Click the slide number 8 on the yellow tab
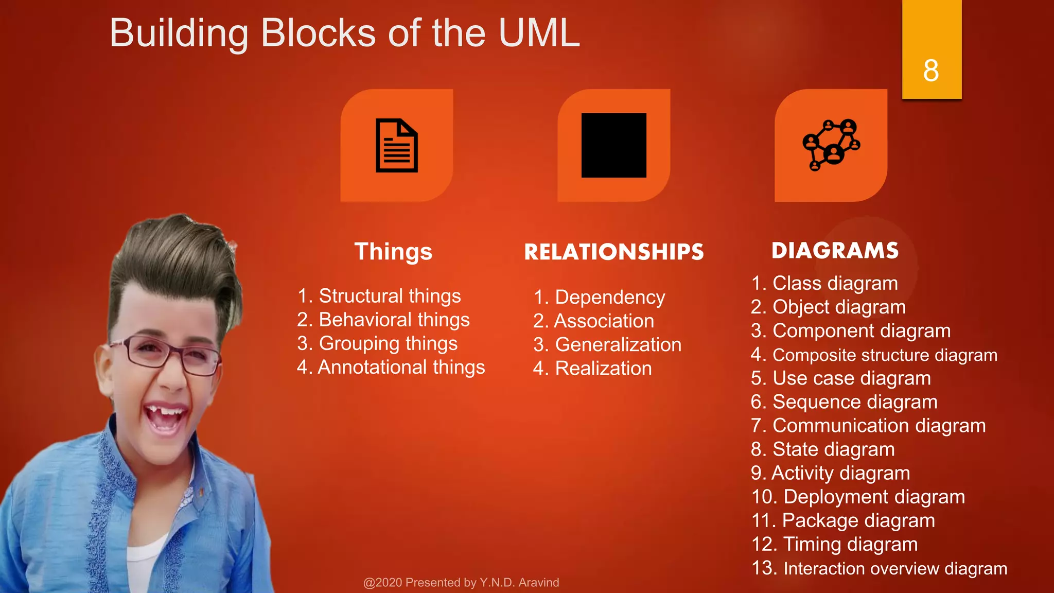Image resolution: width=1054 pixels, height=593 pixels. coord(931,71)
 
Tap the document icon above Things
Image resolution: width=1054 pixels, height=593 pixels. coord(396,146)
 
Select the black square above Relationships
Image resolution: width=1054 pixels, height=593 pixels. coord(613,145)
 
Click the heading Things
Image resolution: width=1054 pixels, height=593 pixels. coord(393,252)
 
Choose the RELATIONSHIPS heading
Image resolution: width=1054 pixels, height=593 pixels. coord(613,252)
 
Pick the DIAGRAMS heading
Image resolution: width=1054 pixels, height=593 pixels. coord(835,251)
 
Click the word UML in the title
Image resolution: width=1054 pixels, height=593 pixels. coord(539,33)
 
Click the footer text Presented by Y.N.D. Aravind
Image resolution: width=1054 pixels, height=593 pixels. coord(461,582)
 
